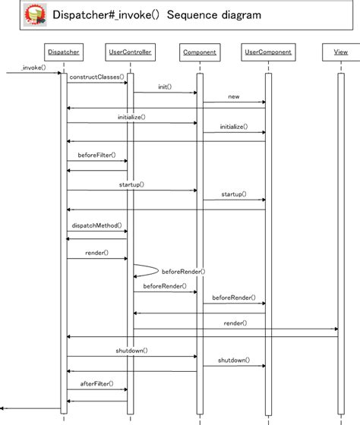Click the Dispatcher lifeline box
(64, 52)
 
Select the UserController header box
(131, 52)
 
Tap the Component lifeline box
(200, 52)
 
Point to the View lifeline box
(340, 52)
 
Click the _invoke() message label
(34, 68)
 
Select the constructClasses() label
(96, 77)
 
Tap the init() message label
(165, 87)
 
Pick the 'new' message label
(233, 96)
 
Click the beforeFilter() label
(96, 155)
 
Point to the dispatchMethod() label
(96, 225)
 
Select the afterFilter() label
(96, 383)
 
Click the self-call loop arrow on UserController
(148, 270)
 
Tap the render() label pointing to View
(235, 323)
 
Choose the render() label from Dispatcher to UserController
(96, 253)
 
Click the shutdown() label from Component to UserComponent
(233, 360)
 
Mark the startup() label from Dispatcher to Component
(131, 184)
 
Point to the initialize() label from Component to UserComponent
(233, 127)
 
